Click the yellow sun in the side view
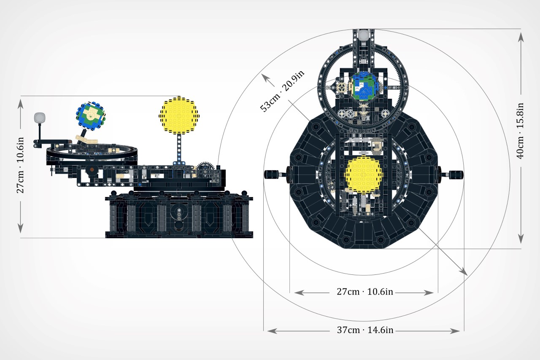pos(179,115)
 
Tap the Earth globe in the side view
pos(90,114)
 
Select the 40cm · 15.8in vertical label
pos(521,131)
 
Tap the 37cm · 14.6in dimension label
pos(365,330)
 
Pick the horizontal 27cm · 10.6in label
pos(365,292)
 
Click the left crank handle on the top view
pos(270,174)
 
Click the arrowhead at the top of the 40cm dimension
pos(521,36)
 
